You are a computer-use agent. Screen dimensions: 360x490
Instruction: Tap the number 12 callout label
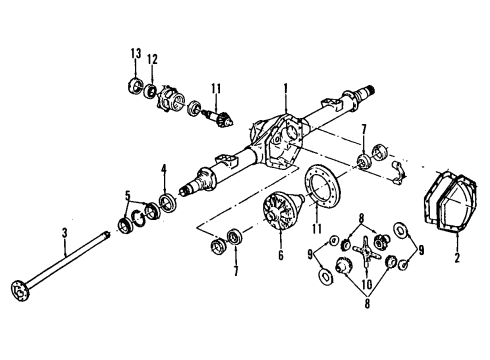[x=153, y=60]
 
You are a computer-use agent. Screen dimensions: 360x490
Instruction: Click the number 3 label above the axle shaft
[x=64, y=233]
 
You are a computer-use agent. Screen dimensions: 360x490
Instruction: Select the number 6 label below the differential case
[x=282, y=256]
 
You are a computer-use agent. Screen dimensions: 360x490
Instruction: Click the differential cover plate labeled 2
[x=441, y=209]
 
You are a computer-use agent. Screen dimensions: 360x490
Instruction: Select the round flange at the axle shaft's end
[x=18, y=291]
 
